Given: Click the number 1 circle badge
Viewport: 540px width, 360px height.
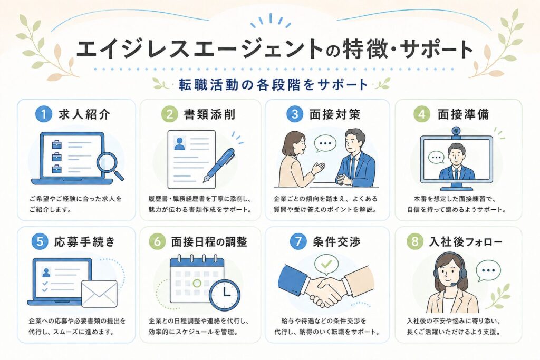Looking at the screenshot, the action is click(44, 114).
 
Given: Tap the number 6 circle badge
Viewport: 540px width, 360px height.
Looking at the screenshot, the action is click(157, 241).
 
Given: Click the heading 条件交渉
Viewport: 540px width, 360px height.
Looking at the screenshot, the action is click(336, 241).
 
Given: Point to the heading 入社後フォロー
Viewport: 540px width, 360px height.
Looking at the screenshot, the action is click(466, 241).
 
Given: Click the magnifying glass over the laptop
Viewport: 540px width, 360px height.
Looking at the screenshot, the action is click(110, 165).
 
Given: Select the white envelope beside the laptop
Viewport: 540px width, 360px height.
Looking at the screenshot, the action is click(99, 293).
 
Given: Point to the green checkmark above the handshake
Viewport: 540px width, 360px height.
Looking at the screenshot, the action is click(326, 264).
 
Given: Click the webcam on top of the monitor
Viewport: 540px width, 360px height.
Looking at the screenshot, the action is click(457, 131).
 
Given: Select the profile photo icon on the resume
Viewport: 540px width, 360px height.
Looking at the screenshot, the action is click(179, 143).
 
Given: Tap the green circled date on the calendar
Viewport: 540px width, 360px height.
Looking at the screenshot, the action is click(197, 283).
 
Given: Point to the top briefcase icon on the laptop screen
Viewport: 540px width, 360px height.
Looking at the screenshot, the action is click(56, 144).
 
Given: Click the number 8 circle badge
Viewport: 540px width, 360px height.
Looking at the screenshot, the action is click(415, 241).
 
